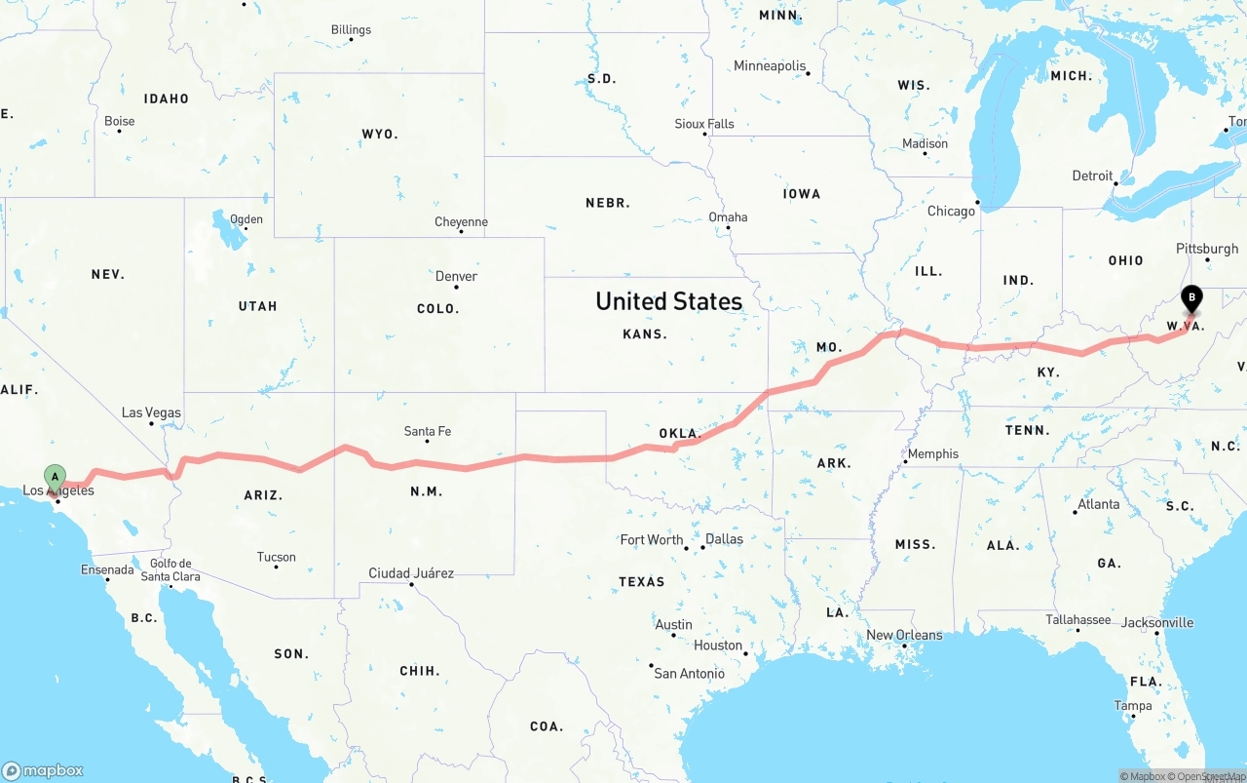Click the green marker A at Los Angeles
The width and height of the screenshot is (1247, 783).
[56, 477]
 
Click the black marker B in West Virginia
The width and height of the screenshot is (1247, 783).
[1190, 298]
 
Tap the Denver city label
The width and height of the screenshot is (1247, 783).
[456, 276]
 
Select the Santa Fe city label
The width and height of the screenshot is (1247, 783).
[427, 431]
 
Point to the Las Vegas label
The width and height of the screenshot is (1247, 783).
[151, 412]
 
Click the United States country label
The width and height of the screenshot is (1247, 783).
[668, 301]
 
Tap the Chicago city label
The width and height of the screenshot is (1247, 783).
[951, 211]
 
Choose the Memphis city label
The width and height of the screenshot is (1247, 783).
[932, 453]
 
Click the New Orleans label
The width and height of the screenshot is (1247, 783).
[904, 635]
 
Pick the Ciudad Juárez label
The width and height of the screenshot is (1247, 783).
[410, 573]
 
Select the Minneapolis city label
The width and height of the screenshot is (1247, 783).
[770, 66]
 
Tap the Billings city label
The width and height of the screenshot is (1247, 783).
[351, 29]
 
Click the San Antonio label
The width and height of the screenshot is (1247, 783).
[689, 674]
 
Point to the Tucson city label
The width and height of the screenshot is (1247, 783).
[276, 558]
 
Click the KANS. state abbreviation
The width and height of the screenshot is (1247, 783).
[645, 333]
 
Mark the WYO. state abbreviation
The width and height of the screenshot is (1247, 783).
[380, 134]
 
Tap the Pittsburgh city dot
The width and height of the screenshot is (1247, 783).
[1208, 260]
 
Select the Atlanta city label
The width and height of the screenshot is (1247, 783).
[1098, 504]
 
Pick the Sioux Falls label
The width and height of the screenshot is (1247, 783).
[704, 124]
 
